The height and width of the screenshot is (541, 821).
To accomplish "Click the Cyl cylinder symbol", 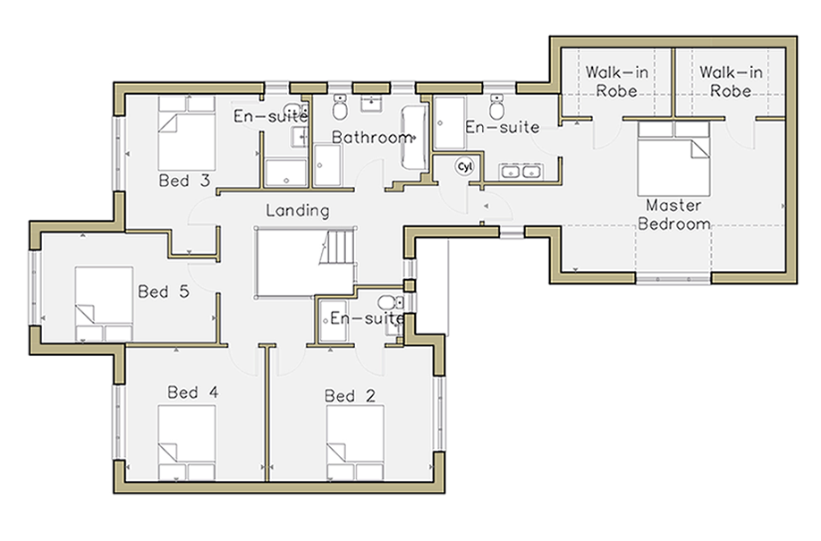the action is point(464,166).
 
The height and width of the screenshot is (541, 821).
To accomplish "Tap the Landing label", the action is point(298,210).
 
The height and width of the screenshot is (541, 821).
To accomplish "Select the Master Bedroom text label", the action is point(673,215).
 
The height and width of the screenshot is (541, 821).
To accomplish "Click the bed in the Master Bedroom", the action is point(673,158).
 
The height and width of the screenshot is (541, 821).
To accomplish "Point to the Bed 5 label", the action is point(164,292).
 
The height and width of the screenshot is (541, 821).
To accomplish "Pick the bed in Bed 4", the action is point(186,443).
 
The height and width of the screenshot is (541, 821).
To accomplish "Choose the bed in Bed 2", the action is point(355,443).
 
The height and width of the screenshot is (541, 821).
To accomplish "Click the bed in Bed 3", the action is point(186,133).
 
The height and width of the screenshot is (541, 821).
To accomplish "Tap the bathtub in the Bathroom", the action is point(414,138).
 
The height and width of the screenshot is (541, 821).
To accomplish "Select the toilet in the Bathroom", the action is point(339,107).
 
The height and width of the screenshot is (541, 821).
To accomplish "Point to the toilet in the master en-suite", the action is point(497,107).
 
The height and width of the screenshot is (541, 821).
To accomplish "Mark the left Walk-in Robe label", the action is point(617,81).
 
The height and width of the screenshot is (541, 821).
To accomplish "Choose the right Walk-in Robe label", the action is point(731,81).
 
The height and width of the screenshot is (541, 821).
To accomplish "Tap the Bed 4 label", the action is point(192,392).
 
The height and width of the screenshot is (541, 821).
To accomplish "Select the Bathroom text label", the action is point(372,137).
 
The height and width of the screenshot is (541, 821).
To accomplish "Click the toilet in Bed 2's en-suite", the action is point(391,303).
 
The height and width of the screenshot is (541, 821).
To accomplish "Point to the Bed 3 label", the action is point(184,181).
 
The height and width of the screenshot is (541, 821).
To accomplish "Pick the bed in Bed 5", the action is point(104,304).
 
